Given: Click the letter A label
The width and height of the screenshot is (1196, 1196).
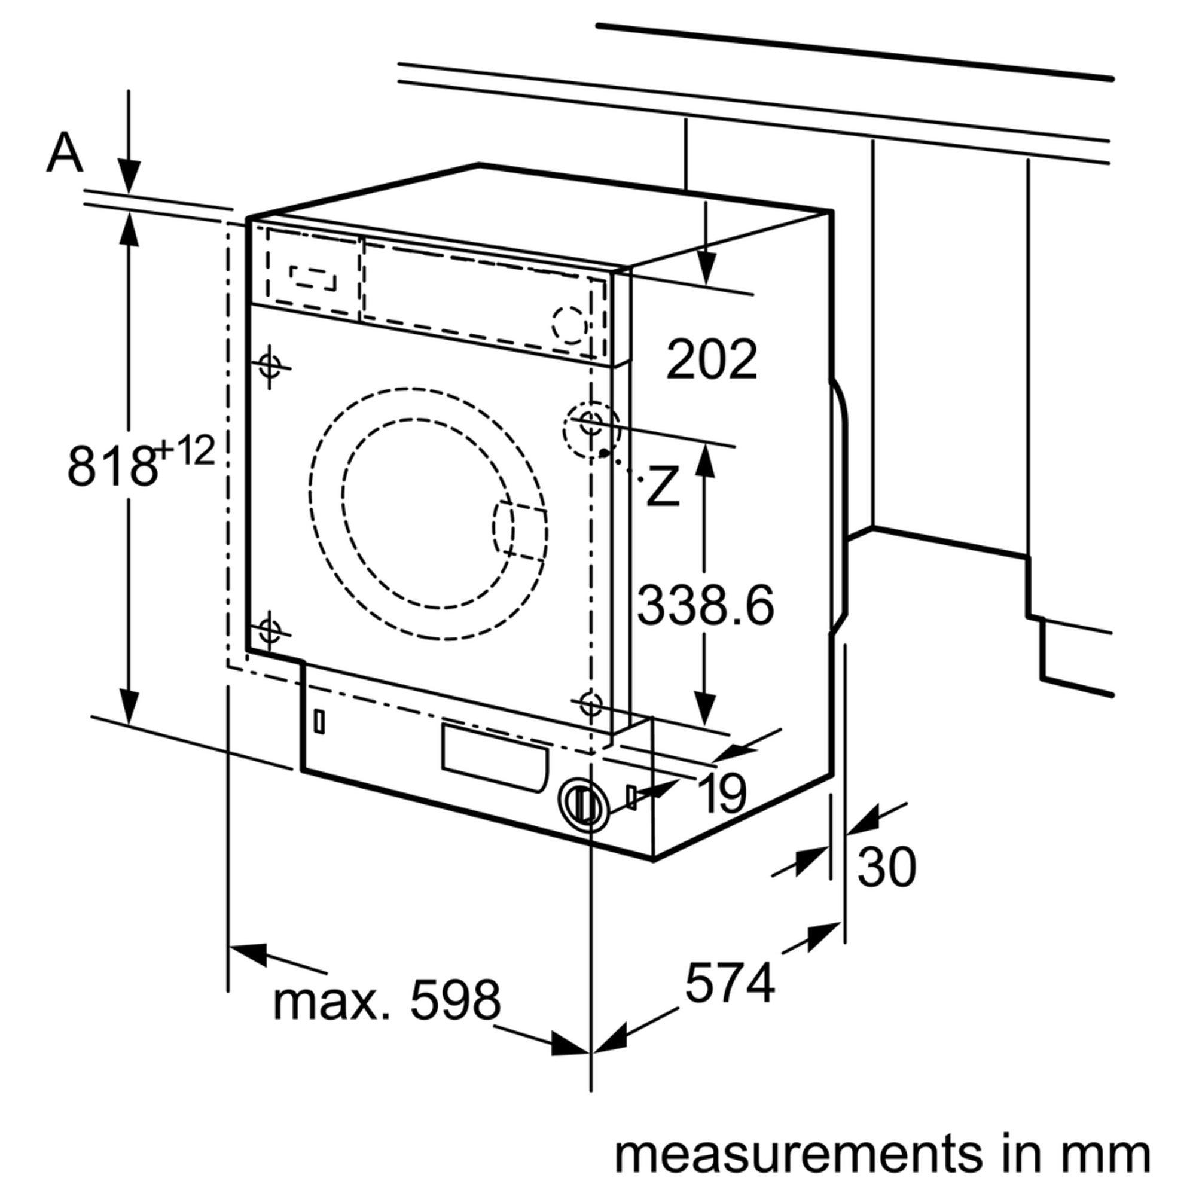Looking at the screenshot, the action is tap(65, 153).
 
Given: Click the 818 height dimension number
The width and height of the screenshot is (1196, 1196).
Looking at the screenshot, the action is tap(111, 465).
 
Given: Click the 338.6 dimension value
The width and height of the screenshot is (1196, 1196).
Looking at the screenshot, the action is tap(705, 605).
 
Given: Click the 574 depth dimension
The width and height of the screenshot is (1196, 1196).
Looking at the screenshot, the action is tap(730, 981).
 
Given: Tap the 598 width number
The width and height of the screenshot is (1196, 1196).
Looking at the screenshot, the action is tap(455, 999).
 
